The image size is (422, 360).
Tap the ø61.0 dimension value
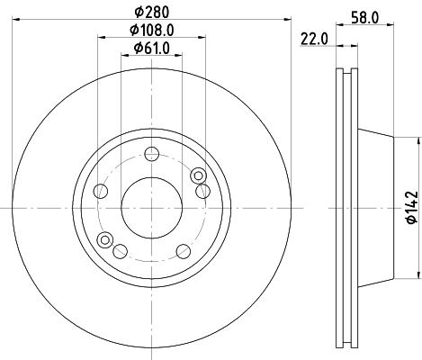pos(151,49)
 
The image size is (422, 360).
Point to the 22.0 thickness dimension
pos(311,38)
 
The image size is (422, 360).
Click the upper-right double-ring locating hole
pos(197,175)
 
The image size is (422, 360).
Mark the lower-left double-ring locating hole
pos(105,239)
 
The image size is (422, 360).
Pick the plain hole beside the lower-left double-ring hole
pos(121,250)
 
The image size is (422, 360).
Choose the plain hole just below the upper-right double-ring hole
pos(202,191)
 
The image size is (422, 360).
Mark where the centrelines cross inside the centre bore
pos(151,206)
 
